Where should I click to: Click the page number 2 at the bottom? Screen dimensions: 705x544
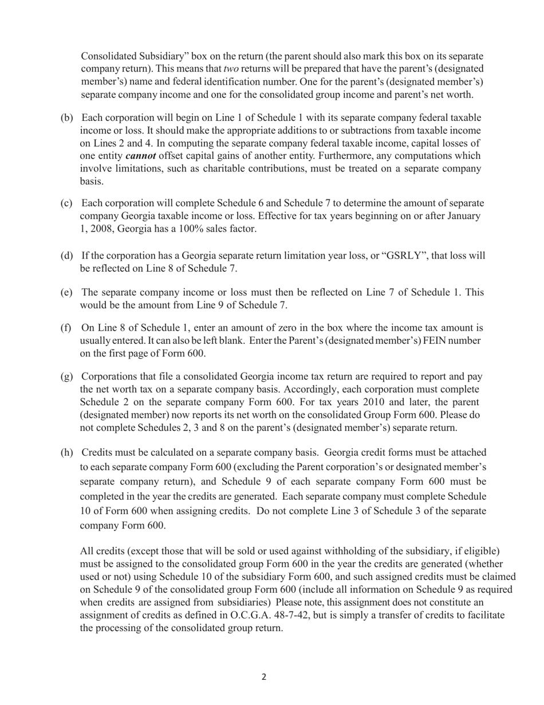(x=264, y=677)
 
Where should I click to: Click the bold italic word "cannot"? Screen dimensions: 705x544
(x=140, y=156)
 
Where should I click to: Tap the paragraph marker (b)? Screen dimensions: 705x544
(x=67, y=118)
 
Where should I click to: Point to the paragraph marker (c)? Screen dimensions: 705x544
(x=67, y=203)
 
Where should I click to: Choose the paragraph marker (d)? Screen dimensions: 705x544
(x=67, y=256)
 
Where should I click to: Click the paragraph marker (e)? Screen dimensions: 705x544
(x=67, y=292)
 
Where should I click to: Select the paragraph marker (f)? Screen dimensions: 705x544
(x=66, y=328)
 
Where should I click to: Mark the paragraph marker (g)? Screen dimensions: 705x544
(x=67, y=377)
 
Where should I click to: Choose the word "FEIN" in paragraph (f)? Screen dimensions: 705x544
(x=440, y=341)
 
